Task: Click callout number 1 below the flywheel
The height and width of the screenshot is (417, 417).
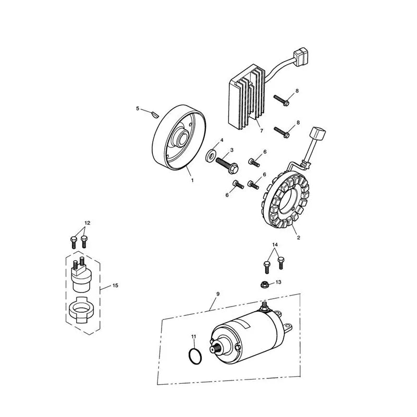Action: (192, 180)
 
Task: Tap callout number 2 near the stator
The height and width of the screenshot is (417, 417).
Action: (298, 238)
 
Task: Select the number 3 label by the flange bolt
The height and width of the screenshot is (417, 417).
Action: (231, 150)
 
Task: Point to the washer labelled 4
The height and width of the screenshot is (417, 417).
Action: (211, 155)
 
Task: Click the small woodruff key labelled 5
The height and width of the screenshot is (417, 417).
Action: (154, 115)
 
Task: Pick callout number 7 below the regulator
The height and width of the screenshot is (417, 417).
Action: (262, 131)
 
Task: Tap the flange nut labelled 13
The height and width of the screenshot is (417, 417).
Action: (265, 285)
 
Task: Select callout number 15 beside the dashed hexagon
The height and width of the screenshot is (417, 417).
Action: (115, 285)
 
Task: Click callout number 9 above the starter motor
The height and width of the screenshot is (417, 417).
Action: (218, 294)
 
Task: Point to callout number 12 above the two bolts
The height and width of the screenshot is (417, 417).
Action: (87, 223)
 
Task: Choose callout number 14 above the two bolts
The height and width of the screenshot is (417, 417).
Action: (275, 244)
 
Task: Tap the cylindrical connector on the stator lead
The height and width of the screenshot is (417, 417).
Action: (318, 134)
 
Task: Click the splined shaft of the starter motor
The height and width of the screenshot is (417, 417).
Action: (216, 348)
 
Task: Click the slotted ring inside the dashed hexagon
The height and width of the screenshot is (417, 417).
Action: (80, 310)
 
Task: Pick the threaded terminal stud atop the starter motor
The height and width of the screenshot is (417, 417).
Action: (264, 306)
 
